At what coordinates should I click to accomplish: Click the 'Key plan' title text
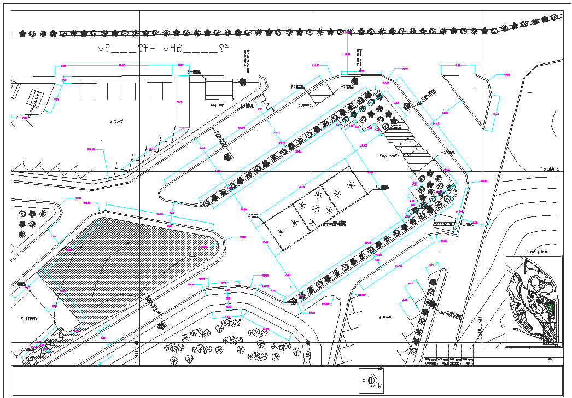click(x=536, y=252)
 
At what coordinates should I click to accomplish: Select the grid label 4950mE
click(x=549, y=169)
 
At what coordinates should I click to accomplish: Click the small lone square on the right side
click(x=529, y=94)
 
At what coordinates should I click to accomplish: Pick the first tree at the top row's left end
click(x=22, y=34)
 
